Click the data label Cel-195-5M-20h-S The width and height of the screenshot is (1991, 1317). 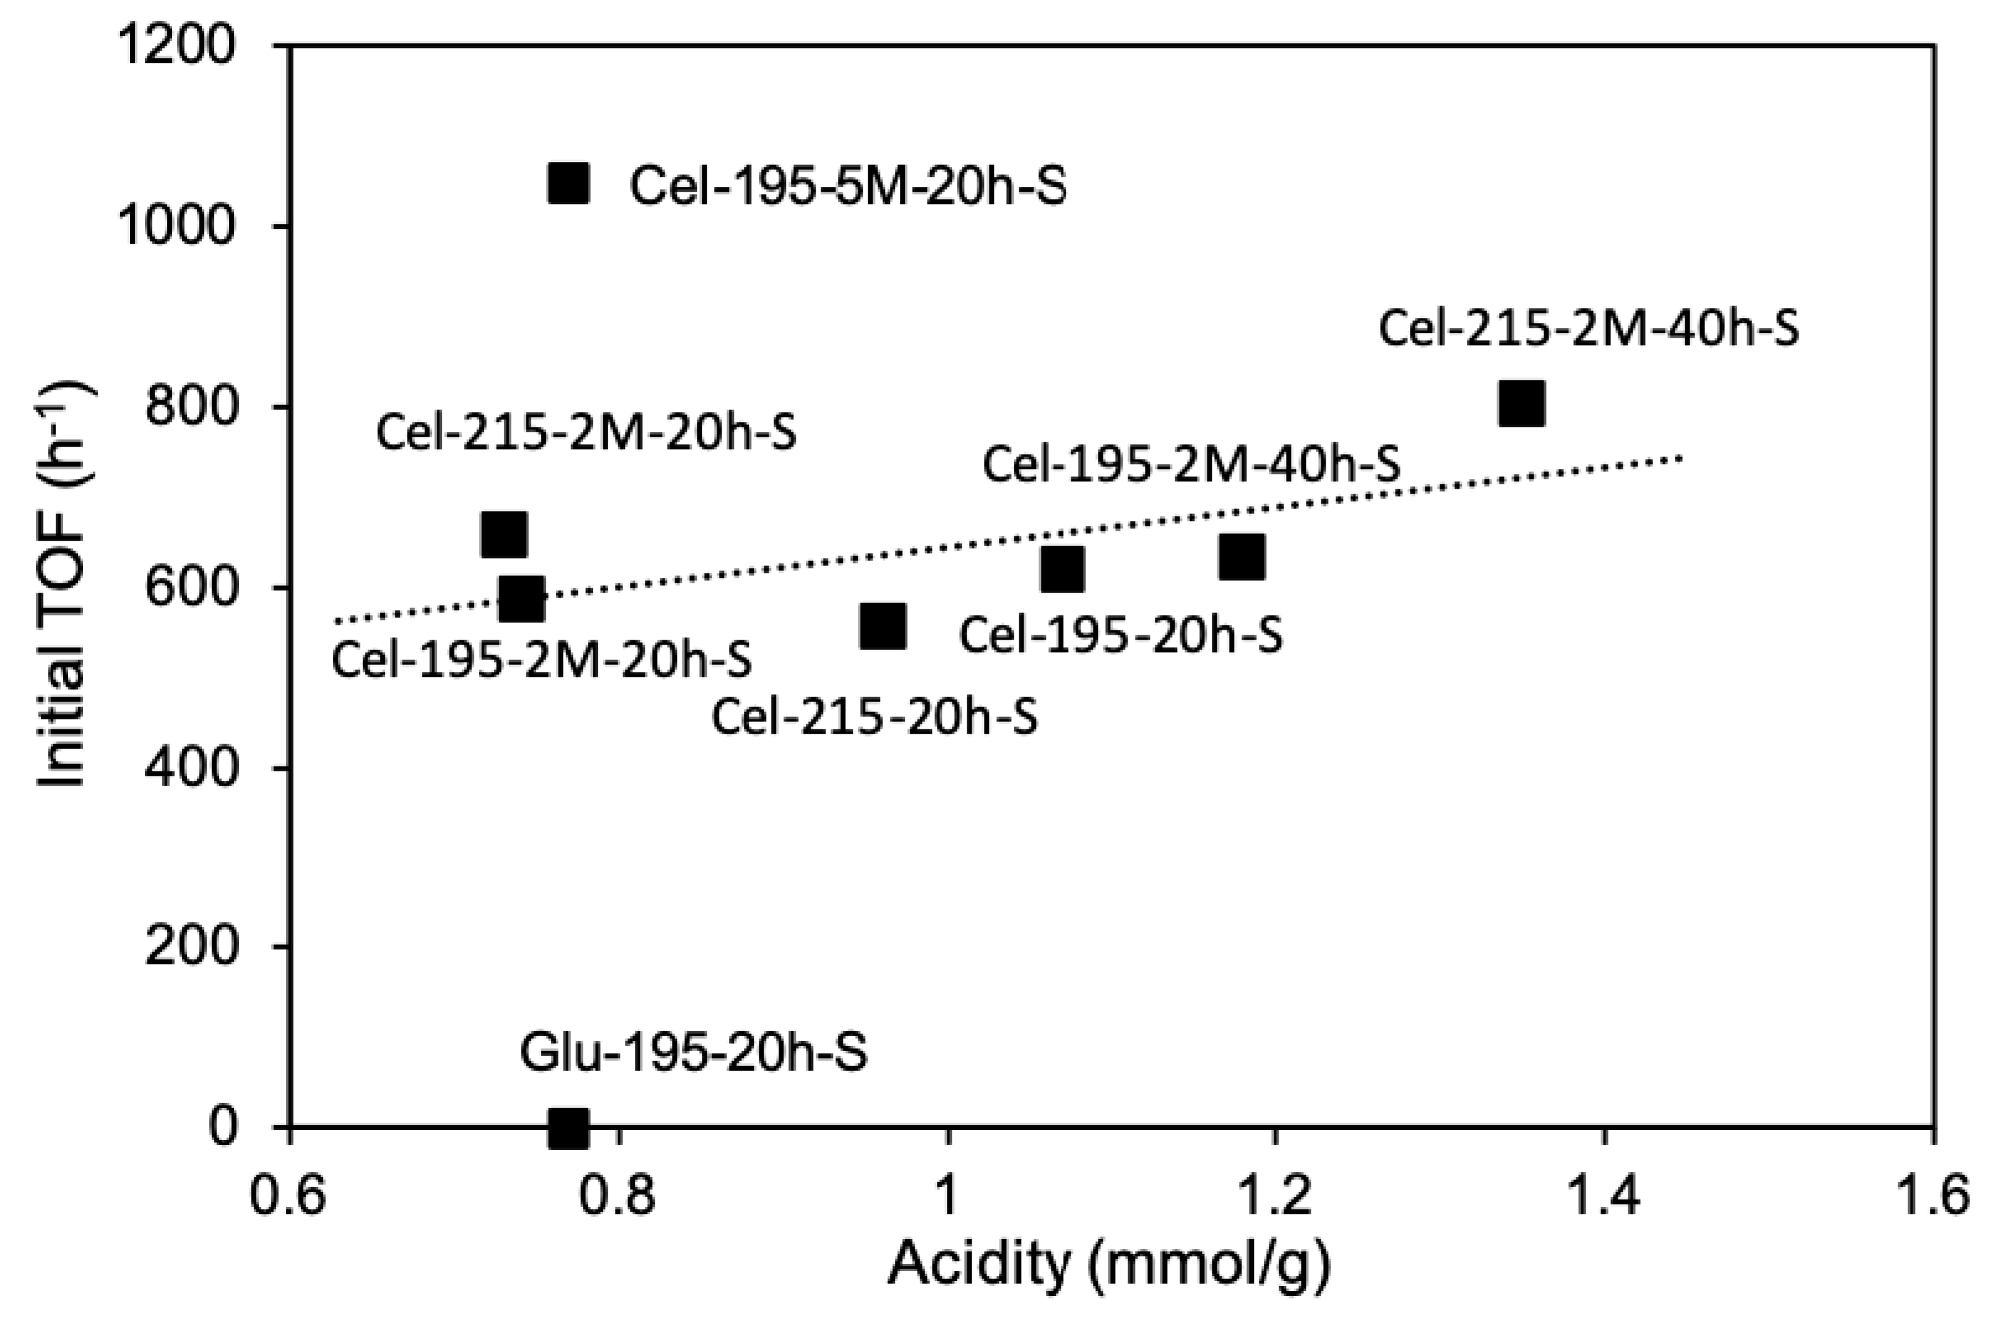(x=848, y=186)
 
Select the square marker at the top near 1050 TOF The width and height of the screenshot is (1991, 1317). (x=569, y=183)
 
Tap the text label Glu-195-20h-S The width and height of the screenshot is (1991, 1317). (x=693, y=1053)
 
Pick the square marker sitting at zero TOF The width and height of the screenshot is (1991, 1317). (x=569, y=1128)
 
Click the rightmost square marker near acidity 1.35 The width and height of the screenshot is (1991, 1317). (x=1521, y=404)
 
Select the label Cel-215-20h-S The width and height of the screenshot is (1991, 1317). (x=875, y=718)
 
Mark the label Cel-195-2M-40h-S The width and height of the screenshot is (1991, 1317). (x=1191, y=465)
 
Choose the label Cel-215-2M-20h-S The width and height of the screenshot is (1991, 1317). (x=585, y=434)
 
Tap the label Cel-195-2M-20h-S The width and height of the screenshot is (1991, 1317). (x=542, y=660)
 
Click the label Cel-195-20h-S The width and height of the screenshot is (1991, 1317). (x=1121, y=635)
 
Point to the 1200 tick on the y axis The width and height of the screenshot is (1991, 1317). (x=176, y=46)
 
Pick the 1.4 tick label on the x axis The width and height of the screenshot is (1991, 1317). (x=1605, y=1198)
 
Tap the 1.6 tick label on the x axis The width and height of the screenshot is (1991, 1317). (x=1934, y=1198)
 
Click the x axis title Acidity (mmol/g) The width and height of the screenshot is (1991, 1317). (x=1109, y=1267)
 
